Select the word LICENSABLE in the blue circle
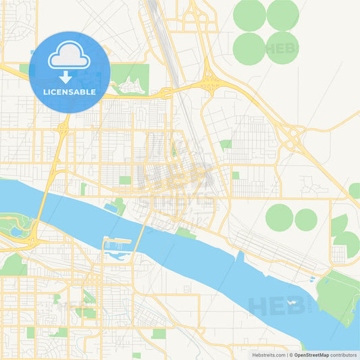click(x=68, y=91)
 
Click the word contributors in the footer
click(x=344, y=354)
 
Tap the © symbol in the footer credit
click(x=291, y=354)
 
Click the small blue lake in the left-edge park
click(x=15, y=232)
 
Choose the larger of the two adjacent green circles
click(x=279, y=217)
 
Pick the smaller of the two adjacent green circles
click(x=306, y=219)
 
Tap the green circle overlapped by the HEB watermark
click(x=283, y=47)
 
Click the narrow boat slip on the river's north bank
click(x=239, y=257)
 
